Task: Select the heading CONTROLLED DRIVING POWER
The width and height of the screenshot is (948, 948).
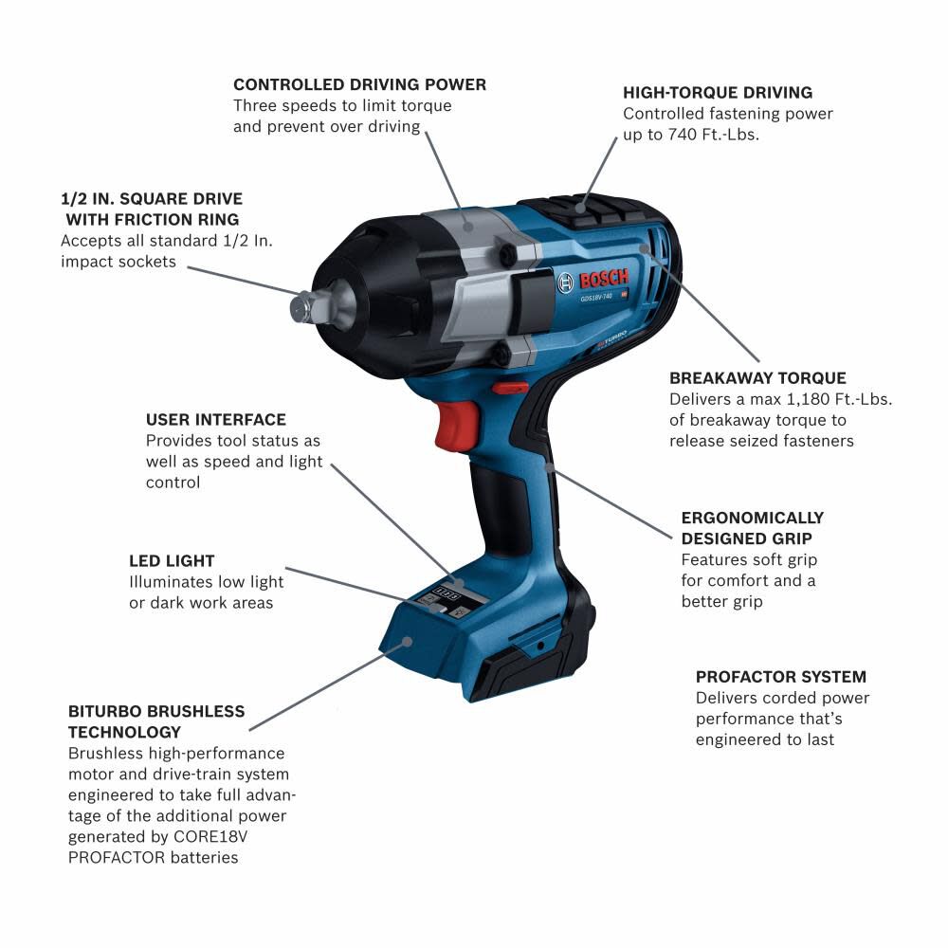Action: (x=359, y=84)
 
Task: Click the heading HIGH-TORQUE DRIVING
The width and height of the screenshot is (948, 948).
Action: (x=718, y=93)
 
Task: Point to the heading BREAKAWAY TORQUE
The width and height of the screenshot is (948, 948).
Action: (x=757, y=377)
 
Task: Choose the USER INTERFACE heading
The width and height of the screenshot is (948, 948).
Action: (x=216, y=419)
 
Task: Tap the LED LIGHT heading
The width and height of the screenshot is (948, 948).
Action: (x=172, y=560)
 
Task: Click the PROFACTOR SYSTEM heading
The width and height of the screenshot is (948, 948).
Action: (x=781, y=677)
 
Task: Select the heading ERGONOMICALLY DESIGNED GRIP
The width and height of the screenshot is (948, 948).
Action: (x=753, y=528)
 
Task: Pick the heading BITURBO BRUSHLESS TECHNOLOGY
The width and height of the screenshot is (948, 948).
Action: (x=156, y=721)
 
